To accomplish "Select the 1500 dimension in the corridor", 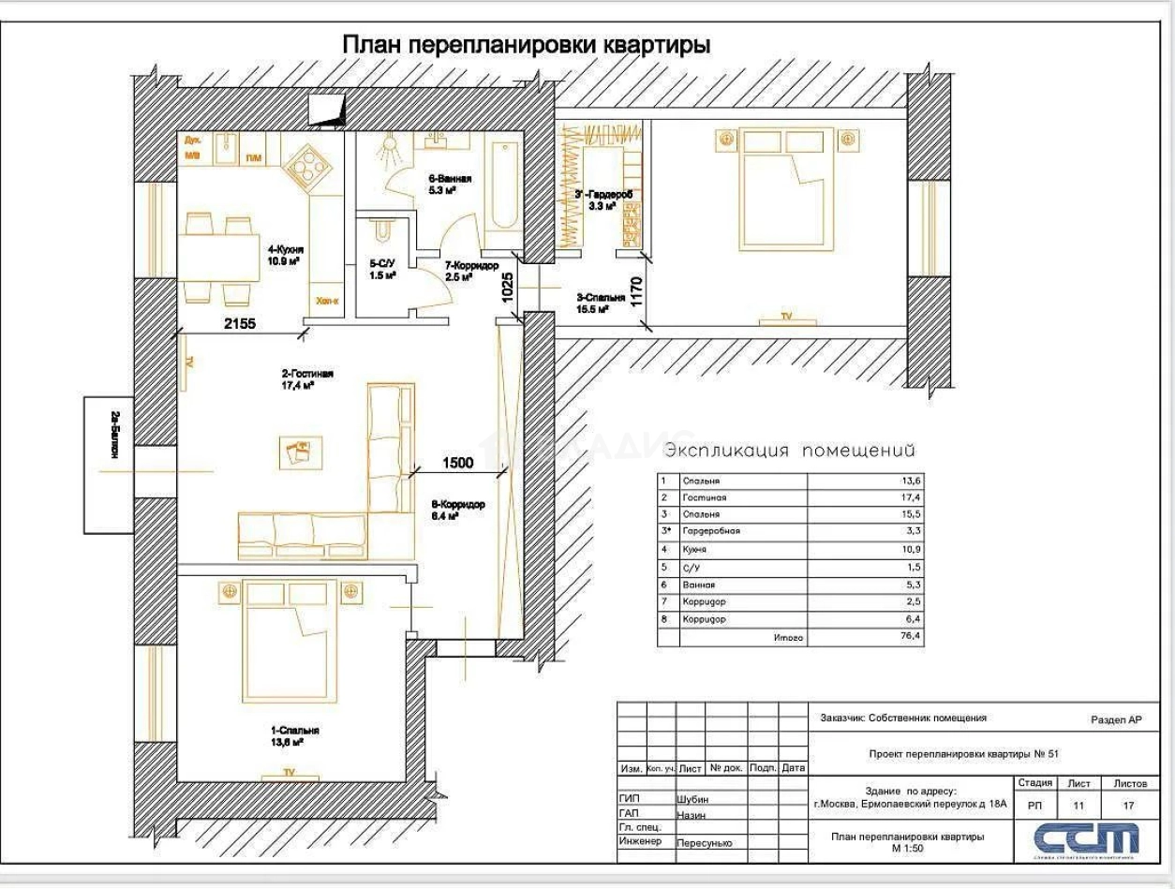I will [458, 462].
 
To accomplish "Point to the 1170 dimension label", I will [638, 292].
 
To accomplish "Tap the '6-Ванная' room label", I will [450, 184].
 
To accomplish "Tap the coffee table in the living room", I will [302, 452].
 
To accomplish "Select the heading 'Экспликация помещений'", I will [789, 451].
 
